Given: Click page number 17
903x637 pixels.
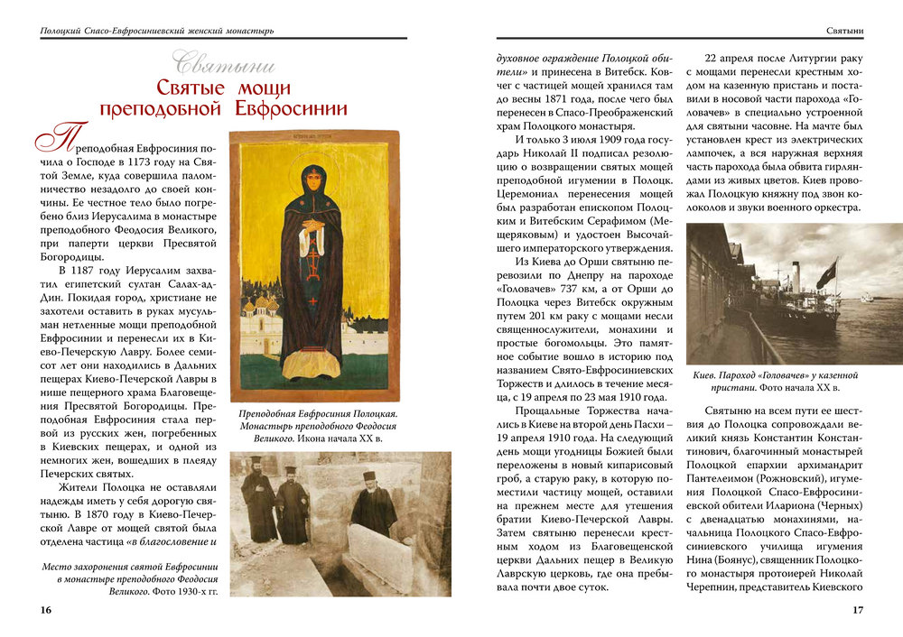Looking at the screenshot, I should click(859, 610).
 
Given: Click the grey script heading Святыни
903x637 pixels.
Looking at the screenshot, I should click(225, 65).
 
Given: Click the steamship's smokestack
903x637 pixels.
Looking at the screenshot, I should click(796, 280).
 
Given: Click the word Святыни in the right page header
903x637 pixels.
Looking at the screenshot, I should click(845, 32).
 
